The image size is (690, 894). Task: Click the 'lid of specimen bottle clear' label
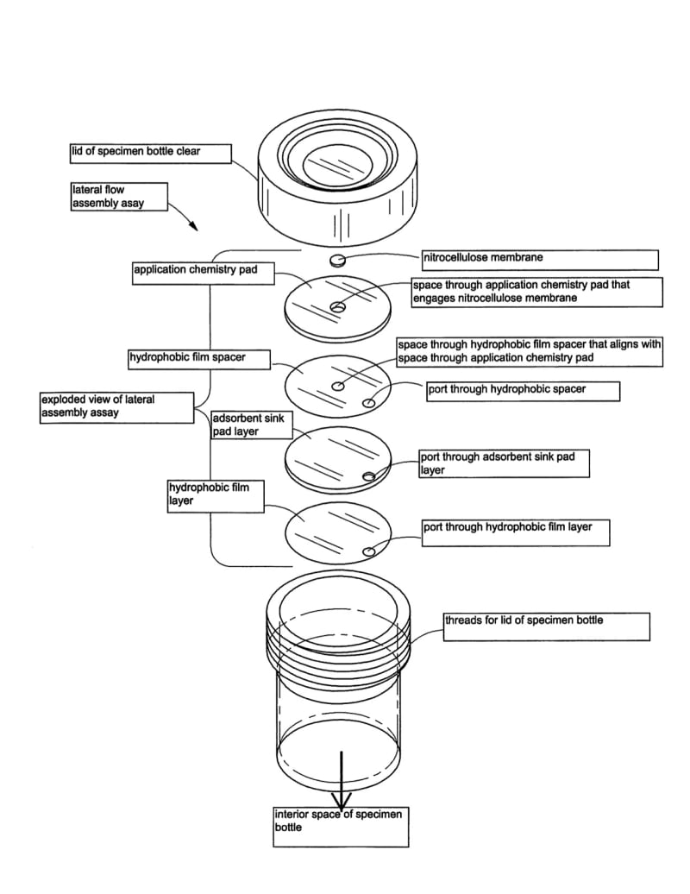[150, 154]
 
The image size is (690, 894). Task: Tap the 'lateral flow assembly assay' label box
[116, 197]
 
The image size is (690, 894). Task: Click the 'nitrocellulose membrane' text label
[539, 259]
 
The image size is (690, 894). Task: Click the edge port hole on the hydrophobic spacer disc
[369, 402]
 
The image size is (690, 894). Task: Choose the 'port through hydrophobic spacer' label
[523, 391]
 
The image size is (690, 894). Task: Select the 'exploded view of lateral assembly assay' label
[117, 407]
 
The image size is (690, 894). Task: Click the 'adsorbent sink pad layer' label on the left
[251, 425]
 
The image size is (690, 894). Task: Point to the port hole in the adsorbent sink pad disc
[369, 476]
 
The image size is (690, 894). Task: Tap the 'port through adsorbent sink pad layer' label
[504, 463]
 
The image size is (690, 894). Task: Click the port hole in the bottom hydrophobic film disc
[369, 551]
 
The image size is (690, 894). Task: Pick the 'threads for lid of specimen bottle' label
[546, 626]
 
